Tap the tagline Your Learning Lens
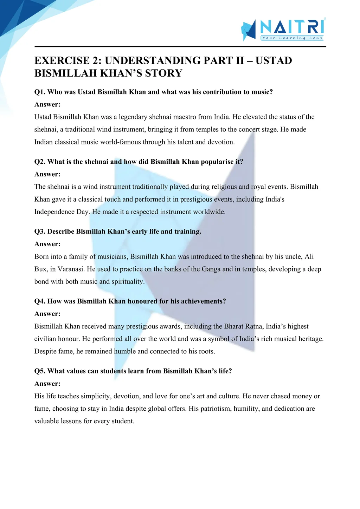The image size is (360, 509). point(292,38)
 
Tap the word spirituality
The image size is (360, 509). point(128,282)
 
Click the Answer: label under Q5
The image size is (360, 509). point(47,384)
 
